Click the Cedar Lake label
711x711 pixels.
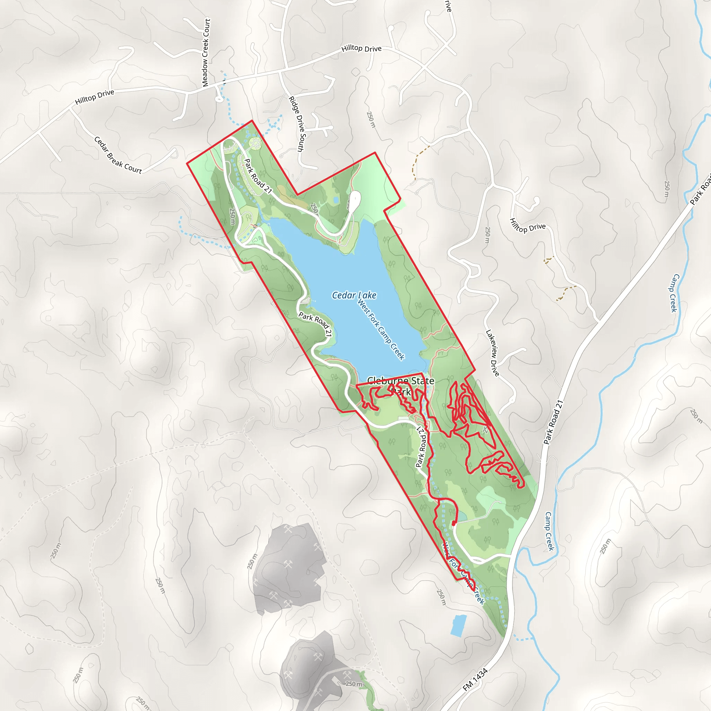[354, 295]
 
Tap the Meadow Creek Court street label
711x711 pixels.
[206, 53]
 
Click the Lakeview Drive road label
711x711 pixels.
[493, 353]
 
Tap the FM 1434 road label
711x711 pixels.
[475, 679]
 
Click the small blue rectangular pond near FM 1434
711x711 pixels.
[459, 626]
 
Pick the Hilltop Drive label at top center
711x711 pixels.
[361, 48]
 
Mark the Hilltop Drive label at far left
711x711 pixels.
[94, 97]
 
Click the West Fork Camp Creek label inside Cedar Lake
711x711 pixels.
[381, 330]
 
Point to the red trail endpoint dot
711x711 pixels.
[454, 522]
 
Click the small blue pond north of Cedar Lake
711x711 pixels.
[336, 200]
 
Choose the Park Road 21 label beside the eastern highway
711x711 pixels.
[553, 422]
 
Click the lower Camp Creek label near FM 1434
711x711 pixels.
[550, 531]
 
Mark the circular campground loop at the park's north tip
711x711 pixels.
[255, 143]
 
